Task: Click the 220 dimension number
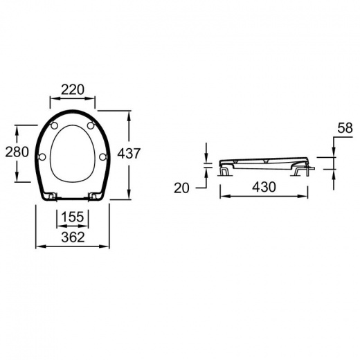73,90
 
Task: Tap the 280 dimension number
17,152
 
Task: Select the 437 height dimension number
129,153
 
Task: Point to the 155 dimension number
73,217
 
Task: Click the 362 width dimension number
73,237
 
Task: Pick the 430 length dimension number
264,187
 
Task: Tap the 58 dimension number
345,128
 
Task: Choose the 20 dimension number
181,188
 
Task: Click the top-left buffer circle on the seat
54,125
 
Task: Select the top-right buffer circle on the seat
91,125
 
